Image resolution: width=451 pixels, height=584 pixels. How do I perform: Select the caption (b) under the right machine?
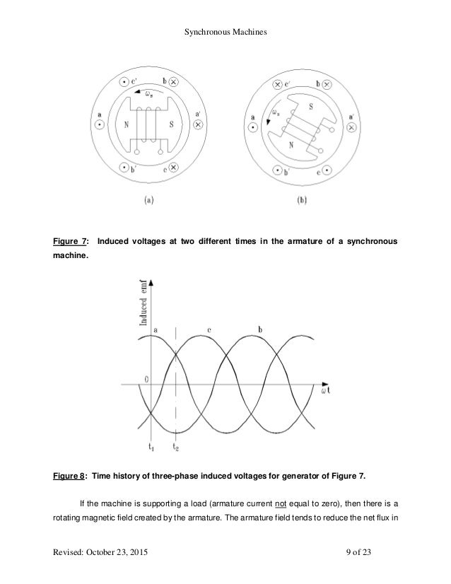point(303,201)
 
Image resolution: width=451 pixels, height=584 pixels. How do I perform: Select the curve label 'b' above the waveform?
point(260,329)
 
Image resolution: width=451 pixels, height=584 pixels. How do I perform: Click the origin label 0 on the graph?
point(146,378)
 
